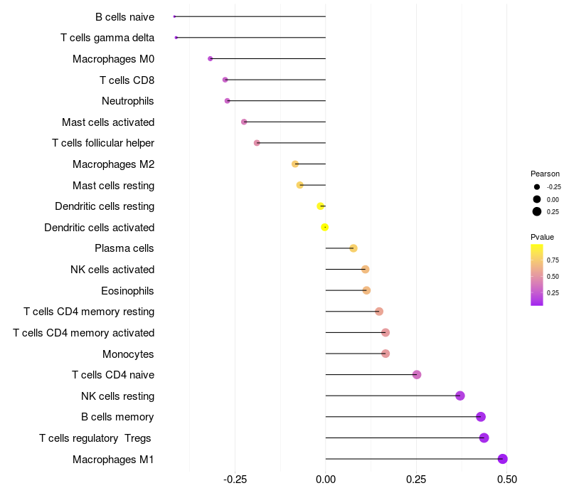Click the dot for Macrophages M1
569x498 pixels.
pos(503,459)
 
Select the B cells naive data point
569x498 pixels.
pos(174,16)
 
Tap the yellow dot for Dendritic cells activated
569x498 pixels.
pos(324,228)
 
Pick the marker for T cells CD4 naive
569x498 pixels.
pos(417,375)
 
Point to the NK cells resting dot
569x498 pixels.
pos(460,396)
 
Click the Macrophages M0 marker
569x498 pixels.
pos(210,58)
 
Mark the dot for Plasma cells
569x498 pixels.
pos(353,248)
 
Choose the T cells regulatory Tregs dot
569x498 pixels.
pos(484,438)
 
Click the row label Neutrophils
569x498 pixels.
pos(128,101)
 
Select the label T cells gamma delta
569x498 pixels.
pos(107,38)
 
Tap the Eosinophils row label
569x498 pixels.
pos(127,290)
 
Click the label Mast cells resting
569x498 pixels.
pos(113,186)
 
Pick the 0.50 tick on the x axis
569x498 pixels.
pos(507,480)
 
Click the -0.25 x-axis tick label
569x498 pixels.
pos(235,480)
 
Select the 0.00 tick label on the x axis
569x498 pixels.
pos(326,480)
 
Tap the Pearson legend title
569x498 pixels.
pos(545,174)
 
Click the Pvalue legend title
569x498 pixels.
pos(542,237)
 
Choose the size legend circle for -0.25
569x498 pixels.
pos(537,186)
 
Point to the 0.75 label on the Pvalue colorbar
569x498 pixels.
pos(553,260)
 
